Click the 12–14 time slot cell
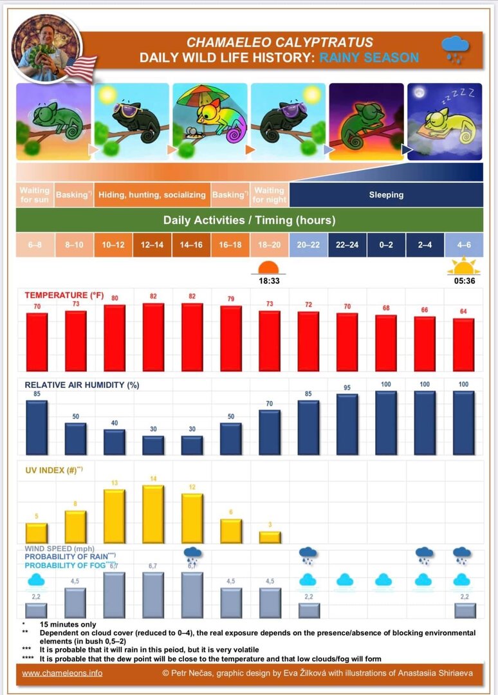pyautogui.click(x=152, y=245)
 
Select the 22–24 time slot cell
pyautogui.click(x=347, y=245)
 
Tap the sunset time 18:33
pyautogui.click(x=268, y=281)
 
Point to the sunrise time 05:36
pyautogui.click(x=463, y=281)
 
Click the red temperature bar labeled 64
pyautogui.click(x=463, y=344)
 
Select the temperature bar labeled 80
pyautogui.click(x=114, y=338)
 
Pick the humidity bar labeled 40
pyautogui.click(x=114, y=442)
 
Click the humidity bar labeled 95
pyautogui.click(x=347, y=424)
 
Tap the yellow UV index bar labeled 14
pyautogui.click(x=152, y=514)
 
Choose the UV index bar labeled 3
pyautogui.click(x=270, y=537)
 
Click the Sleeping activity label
pyautogui.click(x=386, y=194)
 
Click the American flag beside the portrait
pyautogui.click(x=80, y=68)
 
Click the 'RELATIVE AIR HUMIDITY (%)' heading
pyautogui.click(x=82, y=385)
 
